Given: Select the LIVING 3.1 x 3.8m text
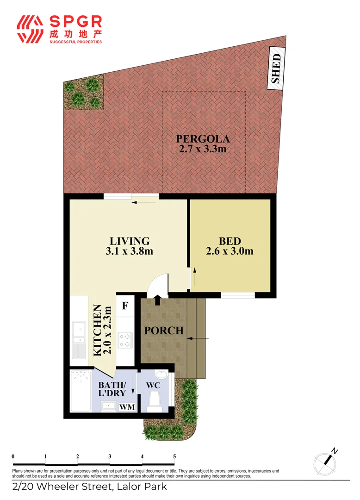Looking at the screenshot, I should click(130, 246).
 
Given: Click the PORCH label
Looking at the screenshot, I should click(163, 331).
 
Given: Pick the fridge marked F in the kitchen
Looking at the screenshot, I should click(124, 306).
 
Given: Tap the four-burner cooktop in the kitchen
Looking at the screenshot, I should click(124, 340).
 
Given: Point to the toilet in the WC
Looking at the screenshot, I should click(155, 401).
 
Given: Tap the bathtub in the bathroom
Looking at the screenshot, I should click(80, 391).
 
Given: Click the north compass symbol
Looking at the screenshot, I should click(326, 462).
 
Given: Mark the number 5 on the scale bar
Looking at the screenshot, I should click(174, 456).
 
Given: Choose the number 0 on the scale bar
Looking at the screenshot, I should click(13, 456).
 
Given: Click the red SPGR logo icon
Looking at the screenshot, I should click(31, 29).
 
